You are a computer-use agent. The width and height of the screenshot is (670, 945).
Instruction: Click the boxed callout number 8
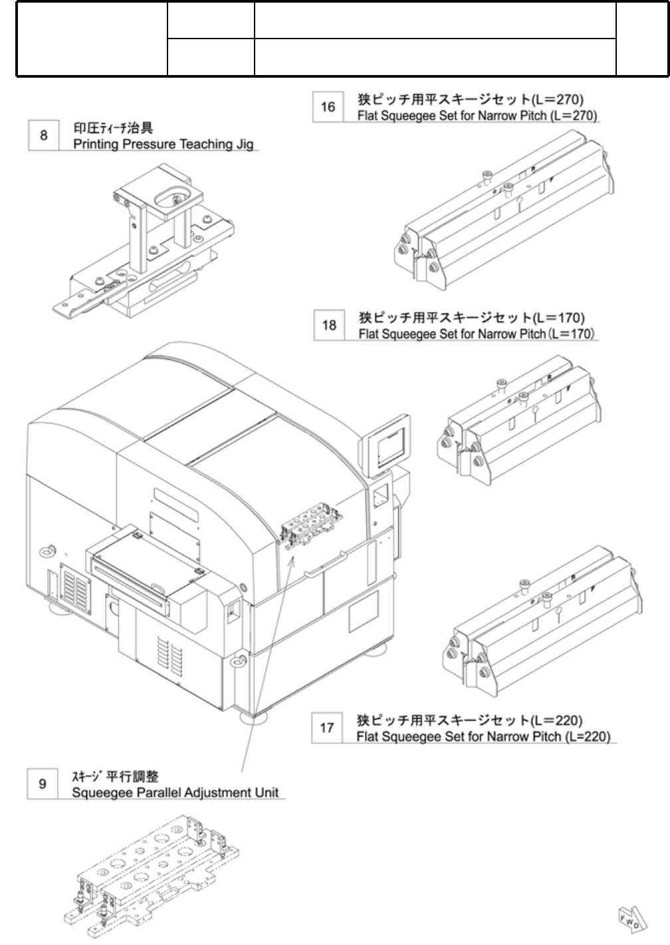[44, 135]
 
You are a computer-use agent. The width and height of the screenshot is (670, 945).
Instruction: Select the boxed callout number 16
[328, 106]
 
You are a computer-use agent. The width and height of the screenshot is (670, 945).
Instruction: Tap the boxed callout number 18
[329, 325]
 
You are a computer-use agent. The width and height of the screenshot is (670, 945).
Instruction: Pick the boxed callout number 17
[327, 728]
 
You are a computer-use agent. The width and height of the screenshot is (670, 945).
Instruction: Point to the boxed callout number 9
[43, 784]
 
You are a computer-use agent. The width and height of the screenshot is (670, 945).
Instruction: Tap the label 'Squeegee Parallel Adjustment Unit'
[175, 793]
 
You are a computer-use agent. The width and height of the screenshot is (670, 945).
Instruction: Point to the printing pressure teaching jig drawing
[146, 252]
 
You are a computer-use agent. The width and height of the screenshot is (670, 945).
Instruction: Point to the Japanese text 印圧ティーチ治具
[113, 129]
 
